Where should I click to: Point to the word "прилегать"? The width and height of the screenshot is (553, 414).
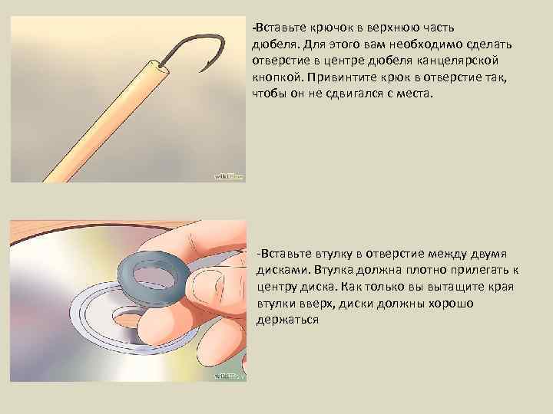[x=482, y=270]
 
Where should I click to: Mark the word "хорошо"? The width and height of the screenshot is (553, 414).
[x=449, y=304]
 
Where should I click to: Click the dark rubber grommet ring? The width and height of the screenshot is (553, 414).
[x=153, y=271]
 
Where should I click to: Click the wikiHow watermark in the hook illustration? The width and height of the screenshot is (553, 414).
[x=228, y=176]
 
